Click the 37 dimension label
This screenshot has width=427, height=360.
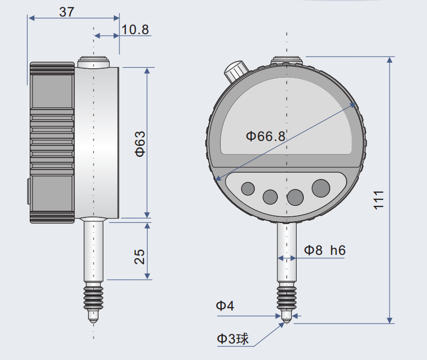(x=67, y=12)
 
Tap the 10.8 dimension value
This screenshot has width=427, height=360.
(x=135, y=30)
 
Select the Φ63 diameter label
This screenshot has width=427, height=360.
(x=140, y=144)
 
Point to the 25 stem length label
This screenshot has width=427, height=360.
(x=140, y=257)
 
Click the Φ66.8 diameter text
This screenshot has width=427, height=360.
(x=266, y=136)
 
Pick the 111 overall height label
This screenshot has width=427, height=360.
(x=378, y=200)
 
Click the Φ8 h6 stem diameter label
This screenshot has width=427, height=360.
(x=325, y=250)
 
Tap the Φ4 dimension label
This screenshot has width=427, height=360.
(x=225, y=306)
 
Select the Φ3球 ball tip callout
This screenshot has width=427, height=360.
(x=232, y=339)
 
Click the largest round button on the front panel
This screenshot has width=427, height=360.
(x=321, y=188)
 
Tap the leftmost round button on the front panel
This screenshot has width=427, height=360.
(x=248, y=189)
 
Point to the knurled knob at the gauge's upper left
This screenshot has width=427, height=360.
(x=235, y=71)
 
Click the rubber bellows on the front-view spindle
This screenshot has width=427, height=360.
(x=286, y=297)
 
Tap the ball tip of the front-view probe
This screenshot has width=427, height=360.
(x=286, y=321)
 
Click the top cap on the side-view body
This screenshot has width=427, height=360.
(x=95, y=62)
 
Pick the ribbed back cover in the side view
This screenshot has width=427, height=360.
(x=52, y=142)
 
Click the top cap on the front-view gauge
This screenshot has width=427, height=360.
(x=287, y=60)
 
